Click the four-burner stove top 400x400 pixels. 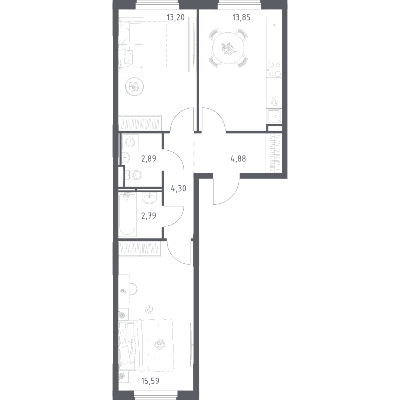tap(274, 69)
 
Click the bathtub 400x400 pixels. tap(128, 214)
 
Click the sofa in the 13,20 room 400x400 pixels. tap(130, 45)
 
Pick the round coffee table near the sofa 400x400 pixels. tap(134, 86)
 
